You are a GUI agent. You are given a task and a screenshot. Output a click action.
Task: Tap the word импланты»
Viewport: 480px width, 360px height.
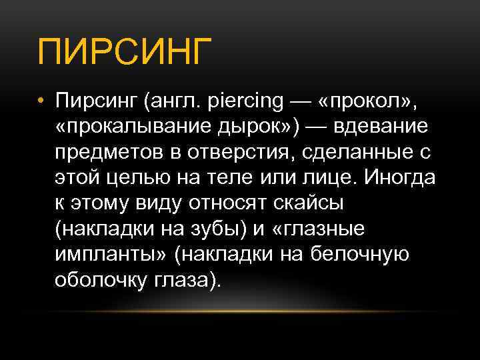(111, 254)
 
